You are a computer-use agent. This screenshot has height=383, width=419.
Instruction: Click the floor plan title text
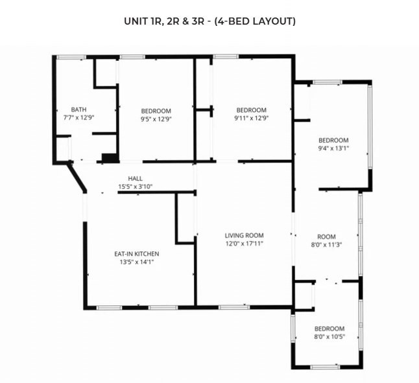pyautogui.click(x=210, y=21)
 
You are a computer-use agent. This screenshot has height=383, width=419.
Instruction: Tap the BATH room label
pyautogui.click(x=79, y=110)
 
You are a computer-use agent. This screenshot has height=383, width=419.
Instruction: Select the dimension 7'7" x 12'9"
pyautogui.click(x=79, y=117)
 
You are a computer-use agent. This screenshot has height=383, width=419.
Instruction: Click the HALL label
pyautogui.click(x=135, y=178)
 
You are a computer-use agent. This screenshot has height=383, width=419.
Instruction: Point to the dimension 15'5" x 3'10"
pyautogui.click(x=135, y=186)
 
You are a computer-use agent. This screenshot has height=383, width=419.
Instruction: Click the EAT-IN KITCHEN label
pyautogui.click(x=137, y=254)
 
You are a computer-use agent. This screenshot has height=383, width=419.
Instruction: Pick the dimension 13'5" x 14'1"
pyautogui.click(x=137, y=262)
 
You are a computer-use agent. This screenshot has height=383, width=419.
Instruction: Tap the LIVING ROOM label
pyautogui.click(x=245, y=235)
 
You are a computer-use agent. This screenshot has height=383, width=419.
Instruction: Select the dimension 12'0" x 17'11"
pyautogui.click(x=245, y=244)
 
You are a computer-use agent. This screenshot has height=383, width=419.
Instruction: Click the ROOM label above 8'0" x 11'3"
pyautogui.click(x=326, y=237)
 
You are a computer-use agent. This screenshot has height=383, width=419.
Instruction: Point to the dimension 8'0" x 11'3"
pyautogui.click(x=326, y=245)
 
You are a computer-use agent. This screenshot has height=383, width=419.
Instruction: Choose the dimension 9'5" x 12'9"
pyautogui.click(x=156, y=119)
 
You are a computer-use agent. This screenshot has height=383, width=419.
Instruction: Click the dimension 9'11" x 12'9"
pyautogui.click(x=252, y=118)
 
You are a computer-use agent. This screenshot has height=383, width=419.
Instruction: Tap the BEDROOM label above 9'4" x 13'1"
pyautogui.click(x=333, y=141)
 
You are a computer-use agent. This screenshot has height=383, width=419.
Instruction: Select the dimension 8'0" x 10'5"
pyautogui.click(x=329, y=336)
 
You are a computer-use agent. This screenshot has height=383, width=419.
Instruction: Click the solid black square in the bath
pyautogui.click(x=110, y=157)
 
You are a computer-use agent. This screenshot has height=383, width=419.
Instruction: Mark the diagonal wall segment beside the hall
pyautogui.click(x=77, y=177)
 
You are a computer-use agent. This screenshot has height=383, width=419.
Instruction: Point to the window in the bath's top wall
pyautogui.click(x=71, y=57)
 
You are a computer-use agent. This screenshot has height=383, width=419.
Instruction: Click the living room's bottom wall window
pyautogui.click(x=234, y=307)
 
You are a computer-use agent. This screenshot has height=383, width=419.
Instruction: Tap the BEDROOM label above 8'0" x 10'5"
pyautogui.click(x=329, y=329)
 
